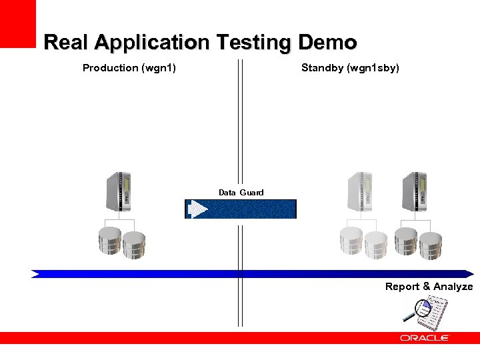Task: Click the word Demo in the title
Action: [x=327, y=43]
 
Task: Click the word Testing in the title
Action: [x=253, y=43]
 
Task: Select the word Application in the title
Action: [x=151, y=43]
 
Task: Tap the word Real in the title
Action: [x=66, y=43]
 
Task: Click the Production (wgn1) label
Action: [x=129, y=67]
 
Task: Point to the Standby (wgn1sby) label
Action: [x=350, y=67]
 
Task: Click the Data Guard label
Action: [x=241, y=193]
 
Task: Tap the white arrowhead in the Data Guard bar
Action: [x=198, y=209]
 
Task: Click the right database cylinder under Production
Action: [x=133, y=245]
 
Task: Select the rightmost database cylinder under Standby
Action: [x=430, y=245]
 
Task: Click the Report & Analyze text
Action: [x=429, y=287]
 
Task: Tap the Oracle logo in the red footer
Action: [x=424, y=339]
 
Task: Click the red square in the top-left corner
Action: [x=17, y=23]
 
